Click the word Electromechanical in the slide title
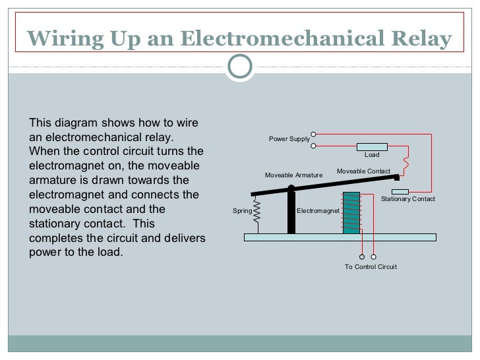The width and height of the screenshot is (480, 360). coord(272,39)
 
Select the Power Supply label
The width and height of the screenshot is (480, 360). coord(289,139)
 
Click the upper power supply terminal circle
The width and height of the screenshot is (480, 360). coord(315,134)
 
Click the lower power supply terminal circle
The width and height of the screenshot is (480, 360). coord(315,146)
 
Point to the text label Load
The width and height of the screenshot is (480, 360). coord(372,155)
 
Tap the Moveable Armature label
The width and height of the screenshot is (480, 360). coord(293,175)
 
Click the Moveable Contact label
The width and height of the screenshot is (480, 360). coord(363,171)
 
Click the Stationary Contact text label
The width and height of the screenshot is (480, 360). coord(408,199)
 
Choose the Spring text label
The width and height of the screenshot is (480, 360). coord(242,211)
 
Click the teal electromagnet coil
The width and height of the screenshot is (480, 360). coord(351,212)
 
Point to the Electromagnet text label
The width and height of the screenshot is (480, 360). coord(318,211)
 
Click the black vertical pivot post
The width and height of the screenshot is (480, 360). coord(291,211)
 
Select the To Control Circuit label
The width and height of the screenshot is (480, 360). coord(371,267)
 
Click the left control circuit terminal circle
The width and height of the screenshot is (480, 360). coord(362,256)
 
